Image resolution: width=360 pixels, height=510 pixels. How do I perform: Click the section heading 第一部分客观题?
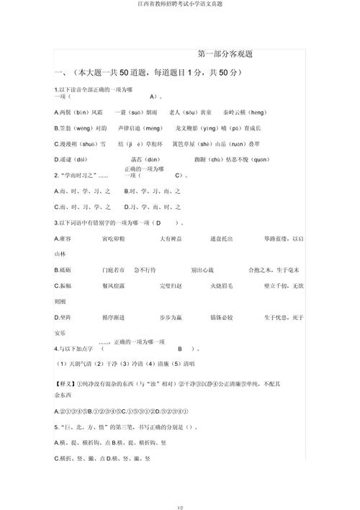coord(229,54)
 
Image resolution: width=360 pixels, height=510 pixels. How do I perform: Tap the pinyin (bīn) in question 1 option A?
coord(82,112)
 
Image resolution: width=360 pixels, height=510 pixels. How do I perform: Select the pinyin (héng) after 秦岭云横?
coord(258,112)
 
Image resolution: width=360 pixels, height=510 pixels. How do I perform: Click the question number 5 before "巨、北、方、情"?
coord(56,426)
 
